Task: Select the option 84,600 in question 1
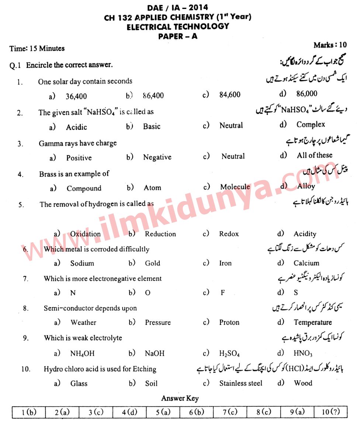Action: (229, 94)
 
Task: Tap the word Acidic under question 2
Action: (76, 127)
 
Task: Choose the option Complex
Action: (311, 124)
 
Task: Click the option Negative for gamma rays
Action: (157, 157)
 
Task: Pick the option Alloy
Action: (306, 186)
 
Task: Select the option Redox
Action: (229, 234)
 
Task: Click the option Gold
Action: (152, 263)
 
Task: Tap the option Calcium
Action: (306, 263)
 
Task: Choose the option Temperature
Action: (312, 322)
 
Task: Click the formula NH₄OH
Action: (82, 353)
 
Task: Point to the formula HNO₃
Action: (303, 353)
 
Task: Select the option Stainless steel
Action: (240, 383)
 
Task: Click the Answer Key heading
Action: (180, 398)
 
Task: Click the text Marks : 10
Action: (330, 45)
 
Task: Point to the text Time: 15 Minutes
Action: (37, 48)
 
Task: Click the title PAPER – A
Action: (178, 36)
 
